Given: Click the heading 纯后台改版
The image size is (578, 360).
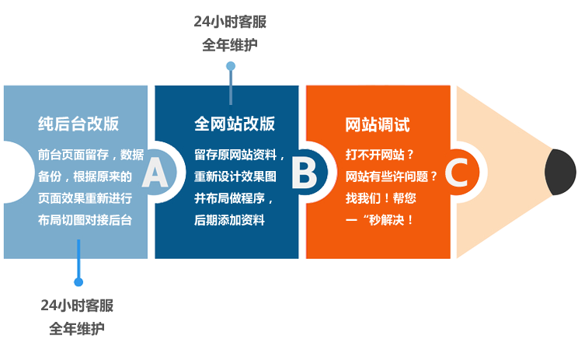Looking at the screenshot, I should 78,124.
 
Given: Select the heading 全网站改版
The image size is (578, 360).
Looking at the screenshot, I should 235,124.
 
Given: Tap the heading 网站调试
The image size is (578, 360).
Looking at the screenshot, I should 377,124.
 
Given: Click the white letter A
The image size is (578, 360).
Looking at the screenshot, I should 155,173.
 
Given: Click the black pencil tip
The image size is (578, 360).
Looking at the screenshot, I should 561,172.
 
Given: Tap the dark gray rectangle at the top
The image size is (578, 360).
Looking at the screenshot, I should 230,33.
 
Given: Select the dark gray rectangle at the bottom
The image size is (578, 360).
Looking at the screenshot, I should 77,317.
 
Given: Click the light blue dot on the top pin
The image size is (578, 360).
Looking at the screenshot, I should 230,67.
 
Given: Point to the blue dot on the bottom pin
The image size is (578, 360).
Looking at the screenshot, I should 78,282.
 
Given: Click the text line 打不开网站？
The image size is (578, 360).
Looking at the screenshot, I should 380,154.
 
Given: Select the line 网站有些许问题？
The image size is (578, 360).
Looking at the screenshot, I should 392,176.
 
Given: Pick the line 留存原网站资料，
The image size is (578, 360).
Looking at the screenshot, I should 240,154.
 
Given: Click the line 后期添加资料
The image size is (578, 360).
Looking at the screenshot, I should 229,219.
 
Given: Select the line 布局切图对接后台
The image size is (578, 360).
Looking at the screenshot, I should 85,219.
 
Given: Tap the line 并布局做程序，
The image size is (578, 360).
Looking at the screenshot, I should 235,197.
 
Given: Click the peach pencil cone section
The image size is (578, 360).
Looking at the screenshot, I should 497,172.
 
